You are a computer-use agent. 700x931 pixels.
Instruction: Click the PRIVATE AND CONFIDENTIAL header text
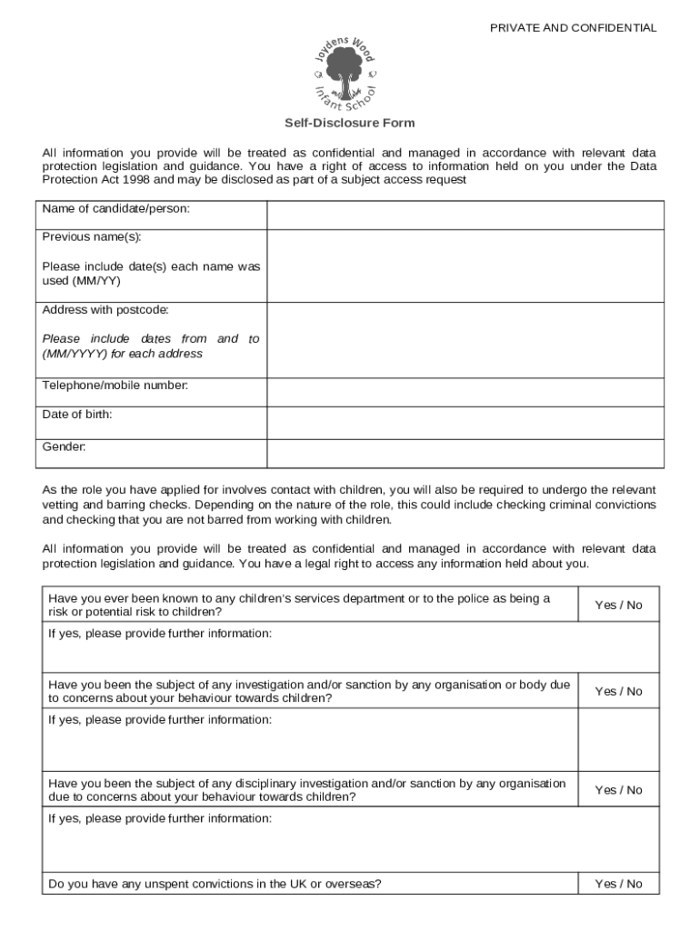[573, 28]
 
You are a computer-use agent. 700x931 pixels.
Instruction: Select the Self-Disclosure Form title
[350, 123]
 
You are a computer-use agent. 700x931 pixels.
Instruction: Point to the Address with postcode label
[105, 310]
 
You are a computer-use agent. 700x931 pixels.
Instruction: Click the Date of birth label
[77, 415]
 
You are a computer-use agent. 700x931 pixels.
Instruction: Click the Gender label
[65, 446]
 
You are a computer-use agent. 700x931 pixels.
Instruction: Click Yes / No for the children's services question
[618, 605]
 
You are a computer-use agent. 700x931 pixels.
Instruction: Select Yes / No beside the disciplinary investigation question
[618, 790]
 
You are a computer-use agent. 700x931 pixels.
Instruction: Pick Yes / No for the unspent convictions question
[618, 884]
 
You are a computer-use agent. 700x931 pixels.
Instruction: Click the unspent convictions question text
[215, 884]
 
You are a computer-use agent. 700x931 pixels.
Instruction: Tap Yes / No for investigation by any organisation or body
[618, 691]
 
